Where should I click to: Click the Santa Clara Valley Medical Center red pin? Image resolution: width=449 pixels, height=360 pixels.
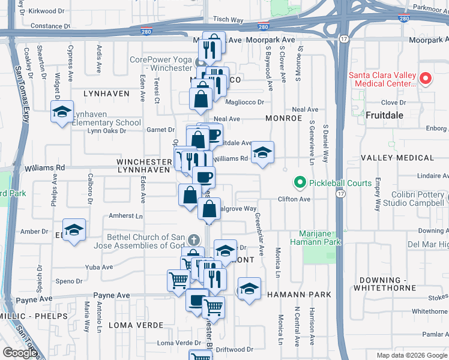(425, 79)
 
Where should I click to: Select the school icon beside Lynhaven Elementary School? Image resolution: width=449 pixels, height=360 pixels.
(62, 112)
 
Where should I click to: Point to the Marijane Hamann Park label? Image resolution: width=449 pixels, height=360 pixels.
(321, 238)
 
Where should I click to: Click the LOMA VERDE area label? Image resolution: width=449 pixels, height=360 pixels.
(136, 325)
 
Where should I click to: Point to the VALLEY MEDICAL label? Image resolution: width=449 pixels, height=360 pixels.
(397, 158)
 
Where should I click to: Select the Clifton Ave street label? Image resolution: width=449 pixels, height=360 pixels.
(293, 199)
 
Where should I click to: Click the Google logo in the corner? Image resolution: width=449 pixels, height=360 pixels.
(20, 353)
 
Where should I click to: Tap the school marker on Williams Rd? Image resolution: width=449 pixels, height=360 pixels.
(262, 154)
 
